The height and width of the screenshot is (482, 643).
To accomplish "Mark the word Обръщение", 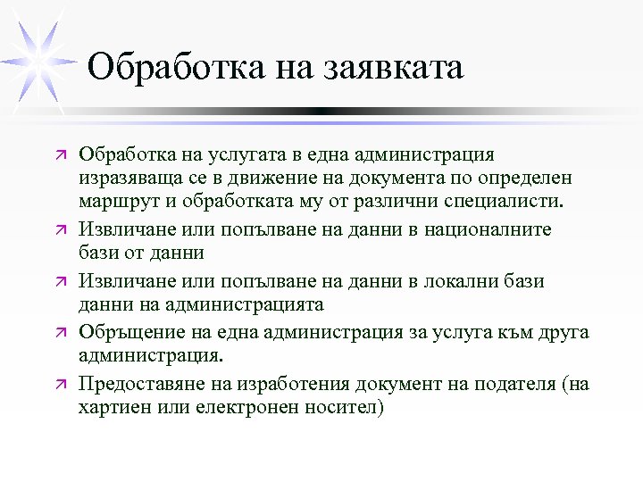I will (133, 334).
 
